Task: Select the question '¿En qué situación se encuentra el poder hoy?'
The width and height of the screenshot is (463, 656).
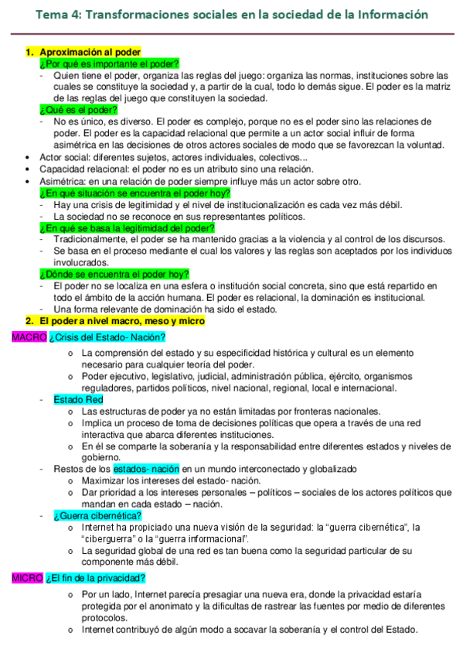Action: coord(134,193)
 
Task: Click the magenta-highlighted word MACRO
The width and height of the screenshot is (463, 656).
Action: coord(29,337)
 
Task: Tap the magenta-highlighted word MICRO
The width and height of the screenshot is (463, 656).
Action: coord(28,577)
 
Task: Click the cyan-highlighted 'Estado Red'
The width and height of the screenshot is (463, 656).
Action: coord(78,399)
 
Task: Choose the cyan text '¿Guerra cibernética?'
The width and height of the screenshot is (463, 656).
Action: coord(97,515)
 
